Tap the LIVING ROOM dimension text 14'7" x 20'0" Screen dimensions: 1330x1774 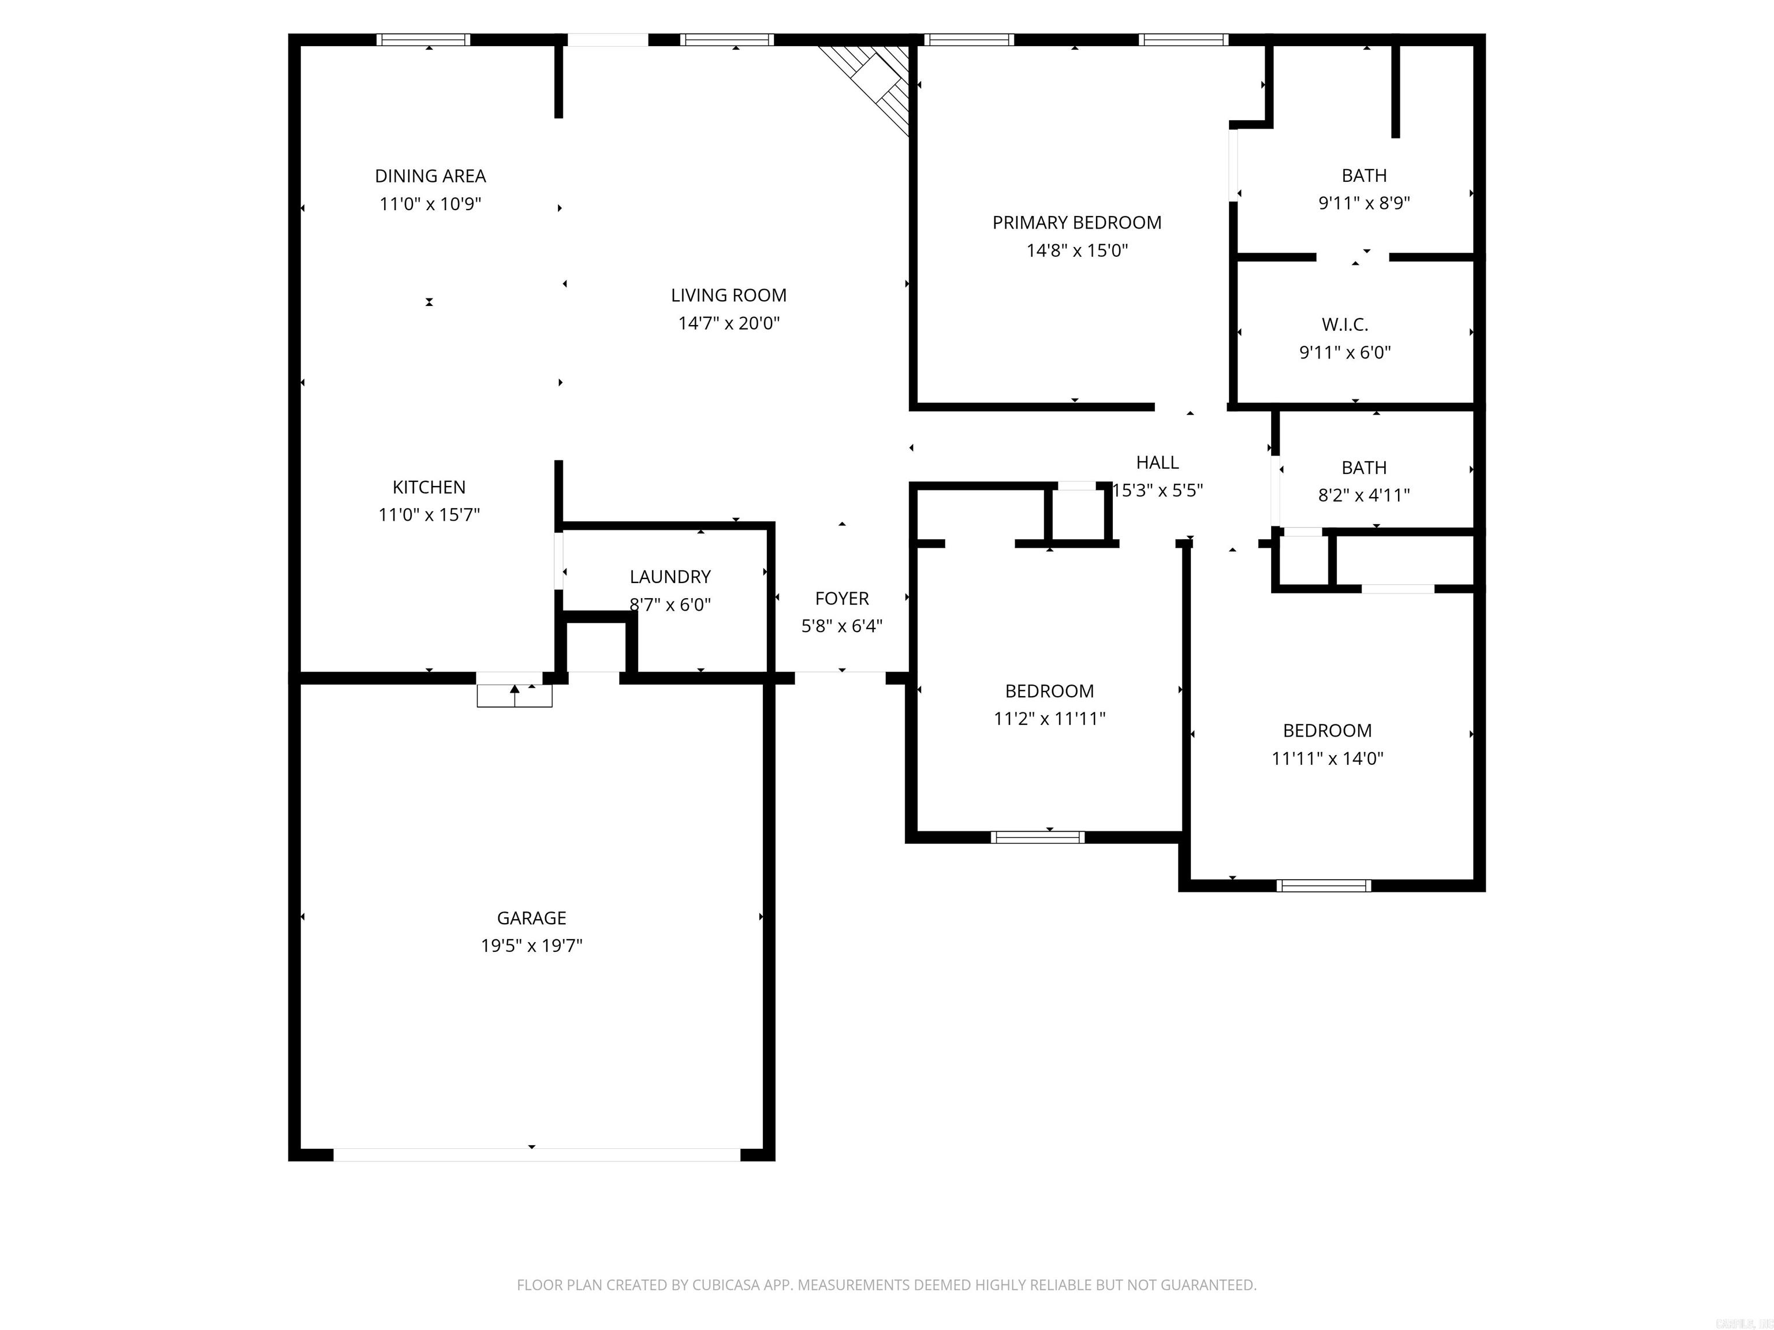728,323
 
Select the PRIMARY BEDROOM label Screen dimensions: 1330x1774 1076,223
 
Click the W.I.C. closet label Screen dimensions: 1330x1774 1344,324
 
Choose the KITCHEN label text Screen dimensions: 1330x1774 428,487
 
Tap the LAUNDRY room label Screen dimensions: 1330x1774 670,577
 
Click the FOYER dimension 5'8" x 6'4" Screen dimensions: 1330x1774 841,626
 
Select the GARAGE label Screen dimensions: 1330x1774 531,918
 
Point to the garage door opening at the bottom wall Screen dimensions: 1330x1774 536,1155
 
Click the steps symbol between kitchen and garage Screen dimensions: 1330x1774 514,695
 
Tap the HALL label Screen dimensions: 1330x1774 1157,462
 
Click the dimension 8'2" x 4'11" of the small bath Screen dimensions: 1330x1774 1363,495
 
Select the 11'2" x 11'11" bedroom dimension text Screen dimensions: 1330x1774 1049,719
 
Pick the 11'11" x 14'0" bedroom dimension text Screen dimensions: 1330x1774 1326,759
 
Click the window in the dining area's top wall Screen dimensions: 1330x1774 423,39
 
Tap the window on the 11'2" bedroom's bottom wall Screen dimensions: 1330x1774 1037,837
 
